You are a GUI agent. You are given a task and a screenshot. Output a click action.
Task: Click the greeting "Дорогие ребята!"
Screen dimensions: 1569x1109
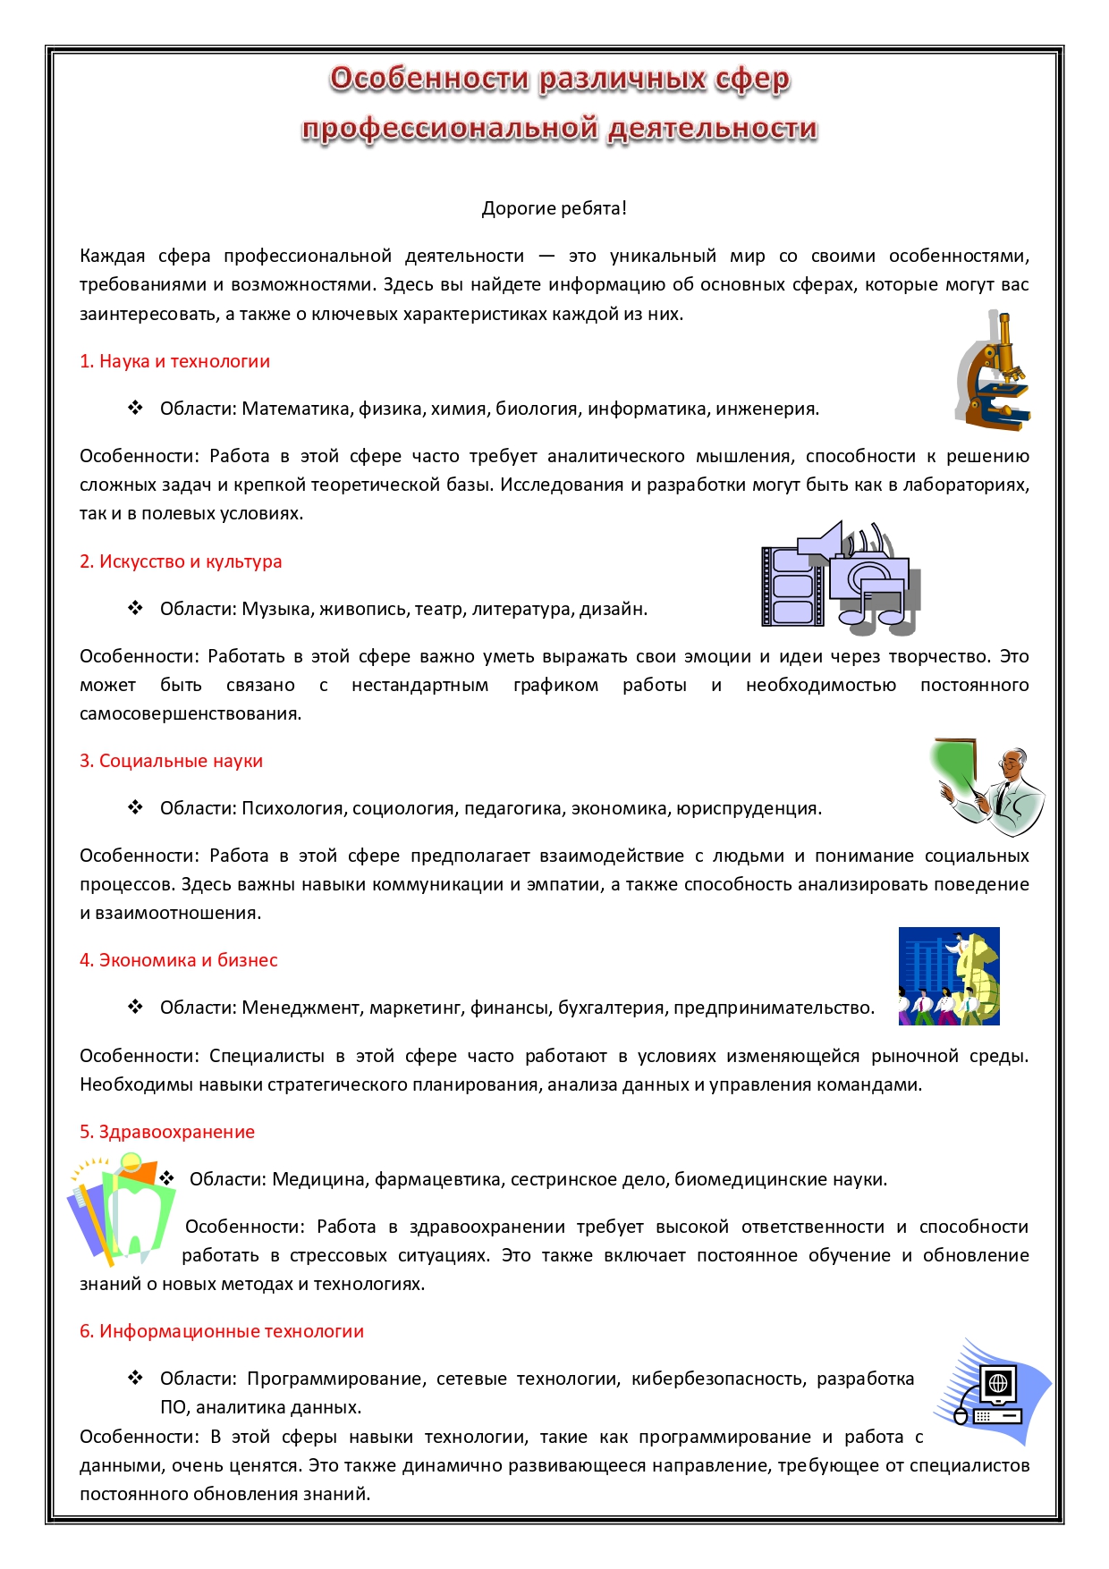[x=554, y=208]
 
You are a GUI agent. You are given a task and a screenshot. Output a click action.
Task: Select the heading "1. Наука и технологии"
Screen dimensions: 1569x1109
[x=174, y=361]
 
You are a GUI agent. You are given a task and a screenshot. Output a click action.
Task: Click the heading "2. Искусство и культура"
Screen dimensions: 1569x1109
[x=181, y=561]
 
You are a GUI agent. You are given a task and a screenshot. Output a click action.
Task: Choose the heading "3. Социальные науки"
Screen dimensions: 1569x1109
[x=171, y=761]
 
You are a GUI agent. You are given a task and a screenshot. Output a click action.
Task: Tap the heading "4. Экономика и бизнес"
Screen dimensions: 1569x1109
[x=178, y=960]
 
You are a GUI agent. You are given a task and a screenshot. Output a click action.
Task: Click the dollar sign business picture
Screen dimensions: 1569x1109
[x=949, y=976]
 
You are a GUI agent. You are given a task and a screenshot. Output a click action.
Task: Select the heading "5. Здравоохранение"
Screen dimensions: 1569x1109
[x=167, y=1132]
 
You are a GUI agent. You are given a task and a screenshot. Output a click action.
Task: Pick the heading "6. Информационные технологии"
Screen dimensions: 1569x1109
[x=222, y=1331]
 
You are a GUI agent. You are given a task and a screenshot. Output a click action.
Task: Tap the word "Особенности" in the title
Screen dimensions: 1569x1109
[x=430, y=79]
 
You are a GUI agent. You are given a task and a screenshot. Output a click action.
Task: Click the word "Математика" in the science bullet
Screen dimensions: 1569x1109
[x=298, y=409]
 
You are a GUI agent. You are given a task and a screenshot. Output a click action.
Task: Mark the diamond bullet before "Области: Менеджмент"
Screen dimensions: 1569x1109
[x=135, y=1007]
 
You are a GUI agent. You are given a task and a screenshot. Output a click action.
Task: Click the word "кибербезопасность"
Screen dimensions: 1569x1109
[x=718, y=1379]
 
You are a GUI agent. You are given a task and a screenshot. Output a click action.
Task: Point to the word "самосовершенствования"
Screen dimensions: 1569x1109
[x=190, y=713]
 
